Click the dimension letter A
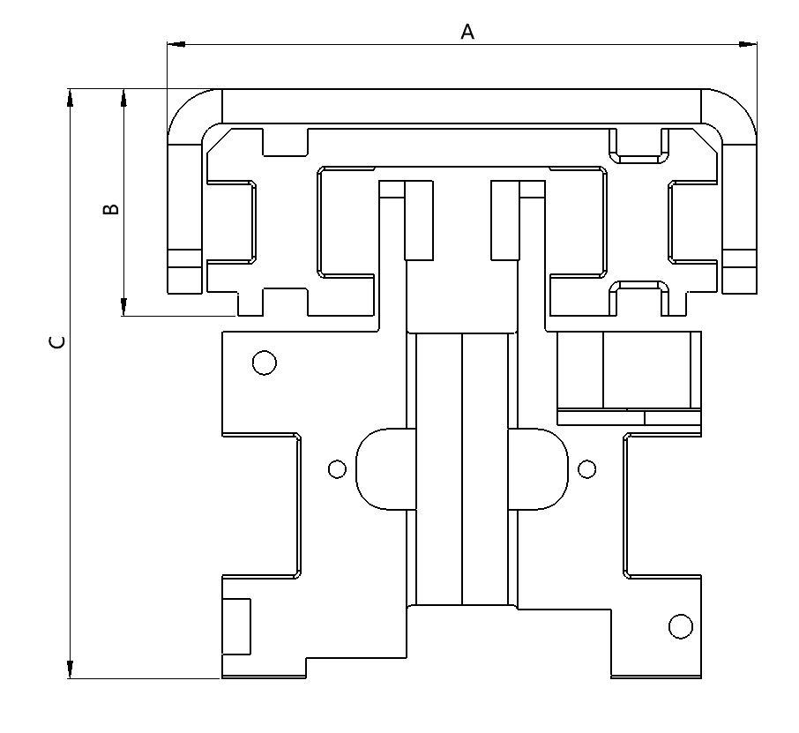point(467,32)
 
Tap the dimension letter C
point(57,341)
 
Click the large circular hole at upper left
point(264,363)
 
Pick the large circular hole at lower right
point(680,626)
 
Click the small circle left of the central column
point(337,468)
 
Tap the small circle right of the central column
point(586,468)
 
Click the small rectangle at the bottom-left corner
point(235,626)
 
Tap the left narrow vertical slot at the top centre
point(419,221)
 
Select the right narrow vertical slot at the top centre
point(505,221)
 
